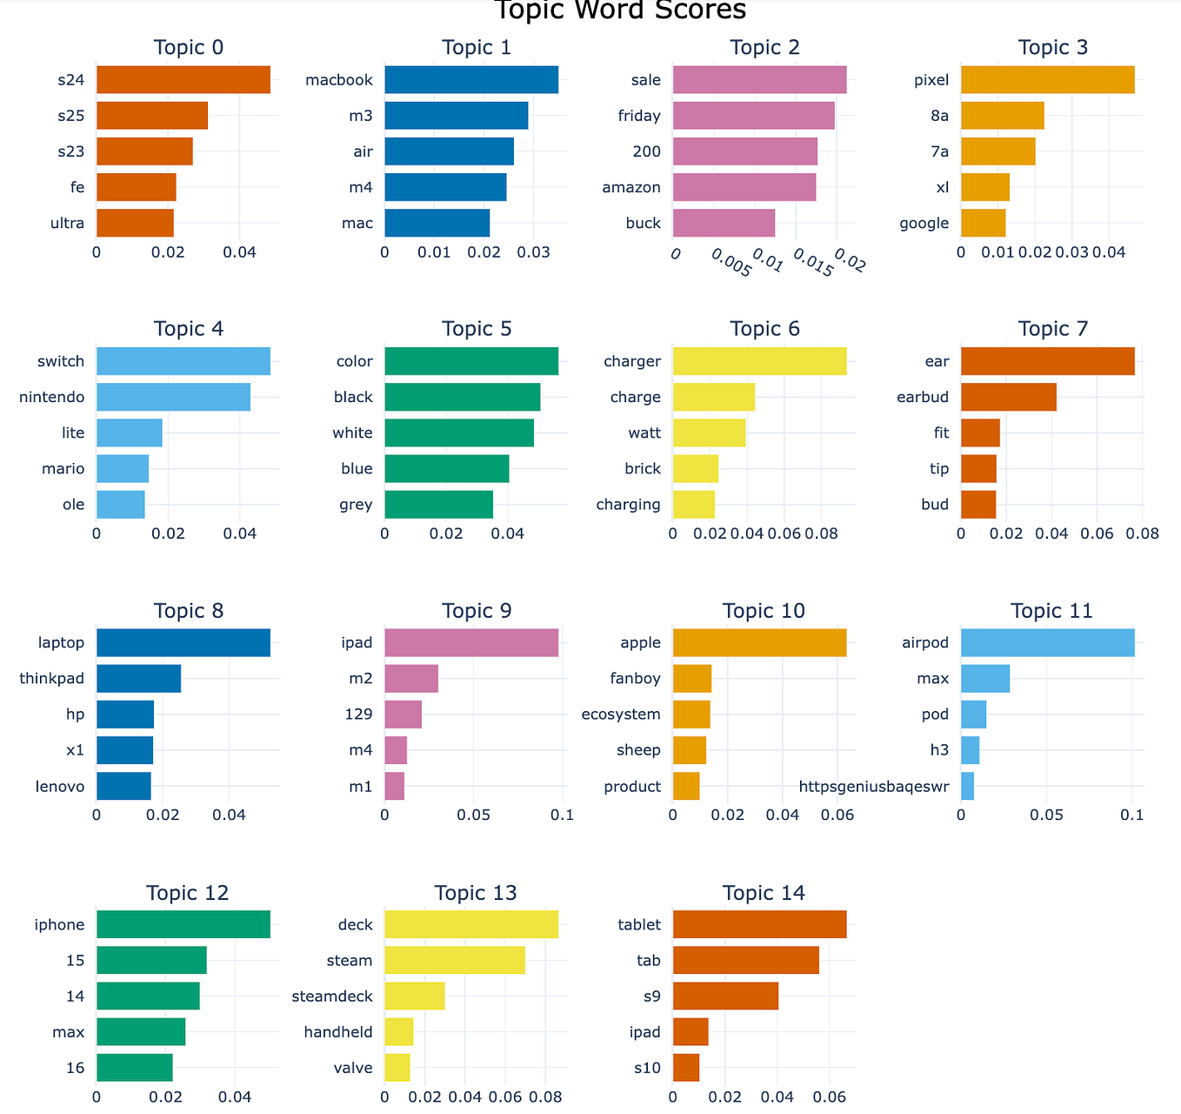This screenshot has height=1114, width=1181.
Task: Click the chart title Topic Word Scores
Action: point(619,10)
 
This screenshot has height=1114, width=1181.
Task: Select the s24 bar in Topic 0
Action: point(183,80)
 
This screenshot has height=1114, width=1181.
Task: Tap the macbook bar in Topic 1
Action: point(470,80)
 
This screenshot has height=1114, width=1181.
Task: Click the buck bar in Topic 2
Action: point(724,223)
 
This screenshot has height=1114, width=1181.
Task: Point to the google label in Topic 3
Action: point(924,223)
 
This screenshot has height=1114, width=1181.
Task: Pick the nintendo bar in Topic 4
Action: point(173,397)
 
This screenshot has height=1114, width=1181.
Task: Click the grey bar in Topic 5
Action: point(438,505)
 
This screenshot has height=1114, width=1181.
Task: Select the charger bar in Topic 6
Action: point(759,361)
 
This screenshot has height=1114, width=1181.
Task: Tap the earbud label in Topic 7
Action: point(922,397)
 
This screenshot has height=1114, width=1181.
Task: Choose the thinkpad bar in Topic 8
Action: point(138,679)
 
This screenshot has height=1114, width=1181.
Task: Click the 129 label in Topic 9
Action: point(358,715)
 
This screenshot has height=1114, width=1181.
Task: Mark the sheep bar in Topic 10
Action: point(689,750)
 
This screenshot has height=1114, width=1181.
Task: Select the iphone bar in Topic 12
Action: point(183,924)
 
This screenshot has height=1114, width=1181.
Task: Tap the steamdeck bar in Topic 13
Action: point(414,997)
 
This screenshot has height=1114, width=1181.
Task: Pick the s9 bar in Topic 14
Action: point(725,997)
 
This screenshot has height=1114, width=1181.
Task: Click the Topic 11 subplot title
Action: point(1051,611)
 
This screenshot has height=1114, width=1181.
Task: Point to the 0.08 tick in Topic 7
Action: point(1142,534)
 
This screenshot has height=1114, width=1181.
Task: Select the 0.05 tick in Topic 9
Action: point(474,815)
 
